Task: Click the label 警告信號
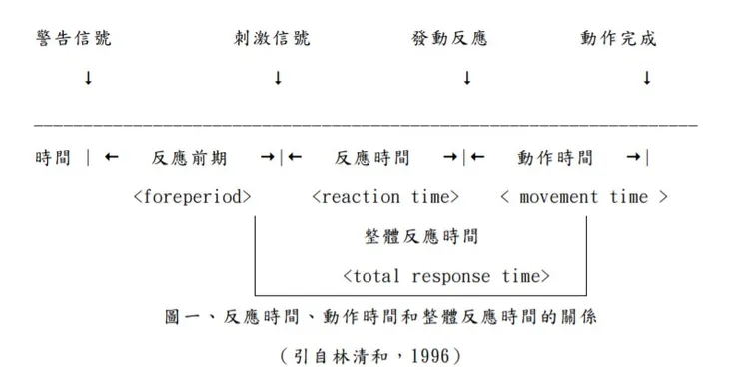click(x=73, y=39)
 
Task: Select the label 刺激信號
click(x=272, y=39)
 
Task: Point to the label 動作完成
click(x=619, y=39)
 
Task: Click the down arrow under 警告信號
click(x=89, y=77)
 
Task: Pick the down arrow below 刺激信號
click(x=278, y=77)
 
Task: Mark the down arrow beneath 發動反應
click(x=466, y=77)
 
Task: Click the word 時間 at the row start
click(x=53, y=158)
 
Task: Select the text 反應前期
click(x=190, y=158)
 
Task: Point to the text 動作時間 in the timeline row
click(x=555, y=158)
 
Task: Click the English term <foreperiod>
click(x=192, y=196)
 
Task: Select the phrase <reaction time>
click(x=385, y=196)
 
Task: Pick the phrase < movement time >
click(x=584, y=196)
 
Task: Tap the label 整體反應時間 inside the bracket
click(x=420, y=236)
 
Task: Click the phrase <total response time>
click(x=445, y=276)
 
